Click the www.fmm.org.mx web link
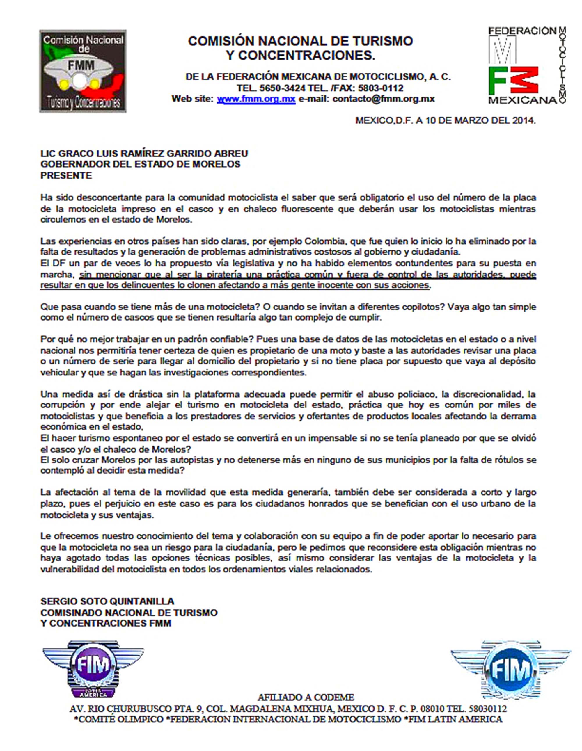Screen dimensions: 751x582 click(256, 99)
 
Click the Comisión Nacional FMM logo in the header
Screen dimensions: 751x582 click(83, 71)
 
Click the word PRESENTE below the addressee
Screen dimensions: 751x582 click(66, 175)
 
